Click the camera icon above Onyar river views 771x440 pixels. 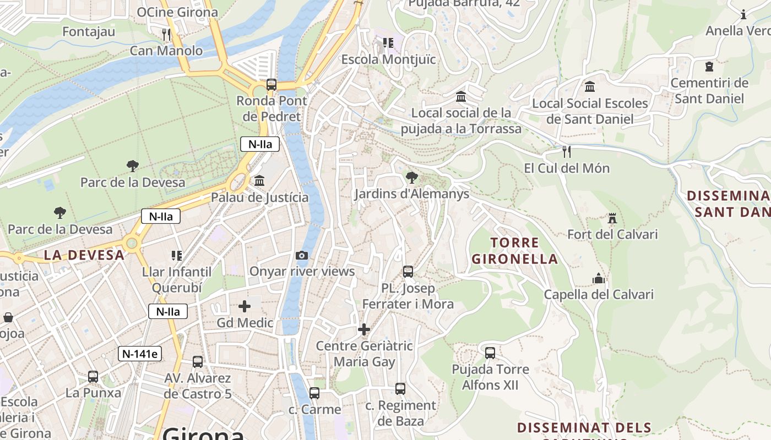(302, 255)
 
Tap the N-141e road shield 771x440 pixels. (140, 354)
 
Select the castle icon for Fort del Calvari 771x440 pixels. (612, 218)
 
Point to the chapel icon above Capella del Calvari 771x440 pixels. (599, 278)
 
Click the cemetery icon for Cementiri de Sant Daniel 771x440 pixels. (709, 67)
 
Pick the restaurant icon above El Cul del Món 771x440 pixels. (566, 151)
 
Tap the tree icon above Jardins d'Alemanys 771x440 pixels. (411, 177)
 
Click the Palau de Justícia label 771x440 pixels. (260, 197)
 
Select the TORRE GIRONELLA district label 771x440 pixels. (514, 251)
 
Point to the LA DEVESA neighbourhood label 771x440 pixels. (84, 255)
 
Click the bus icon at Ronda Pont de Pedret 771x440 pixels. (272, 85)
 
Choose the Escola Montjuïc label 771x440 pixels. (389, 59)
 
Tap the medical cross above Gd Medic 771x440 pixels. (245, 306)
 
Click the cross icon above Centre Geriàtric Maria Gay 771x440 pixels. (364, 329)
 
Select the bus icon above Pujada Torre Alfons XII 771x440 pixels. (490, 353)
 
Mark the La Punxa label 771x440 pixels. (93, 393)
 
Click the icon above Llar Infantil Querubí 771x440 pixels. (177, 255)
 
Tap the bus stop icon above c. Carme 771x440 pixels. (314, 393)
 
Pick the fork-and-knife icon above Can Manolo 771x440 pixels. (166, 35)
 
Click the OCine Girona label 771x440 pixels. (177, 12)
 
